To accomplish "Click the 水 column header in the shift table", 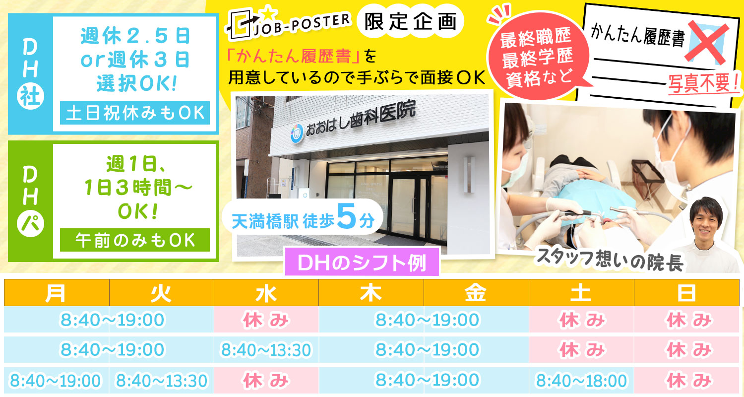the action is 266,293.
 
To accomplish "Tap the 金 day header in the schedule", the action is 476,293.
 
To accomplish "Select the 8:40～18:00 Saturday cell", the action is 581,381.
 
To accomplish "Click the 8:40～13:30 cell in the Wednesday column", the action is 266,350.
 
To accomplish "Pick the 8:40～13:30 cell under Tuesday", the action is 161,381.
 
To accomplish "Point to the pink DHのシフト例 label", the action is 362,263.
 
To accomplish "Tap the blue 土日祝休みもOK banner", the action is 135,113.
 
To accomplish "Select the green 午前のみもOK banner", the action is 135,240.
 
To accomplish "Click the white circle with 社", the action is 30,96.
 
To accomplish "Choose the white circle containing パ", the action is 30,224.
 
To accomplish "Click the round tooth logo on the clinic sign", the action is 297,133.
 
